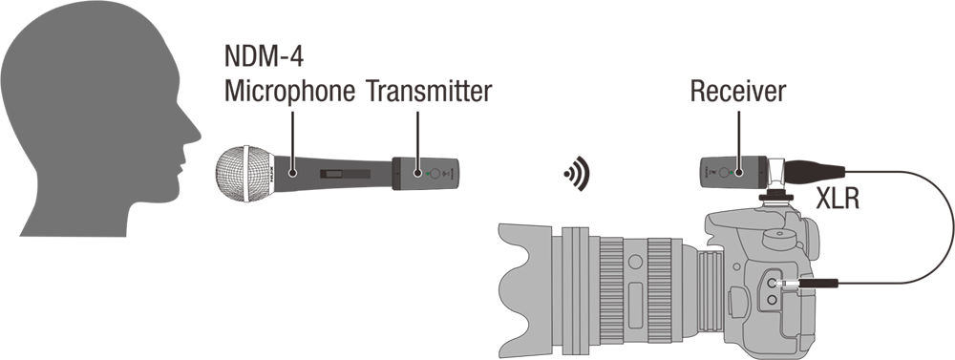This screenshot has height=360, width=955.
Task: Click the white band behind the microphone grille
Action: [250, 175]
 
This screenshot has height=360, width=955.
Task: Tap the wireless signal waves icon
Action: [575, 174]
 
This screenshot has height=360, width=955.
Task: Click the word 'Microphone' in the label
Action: [263, 91]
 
